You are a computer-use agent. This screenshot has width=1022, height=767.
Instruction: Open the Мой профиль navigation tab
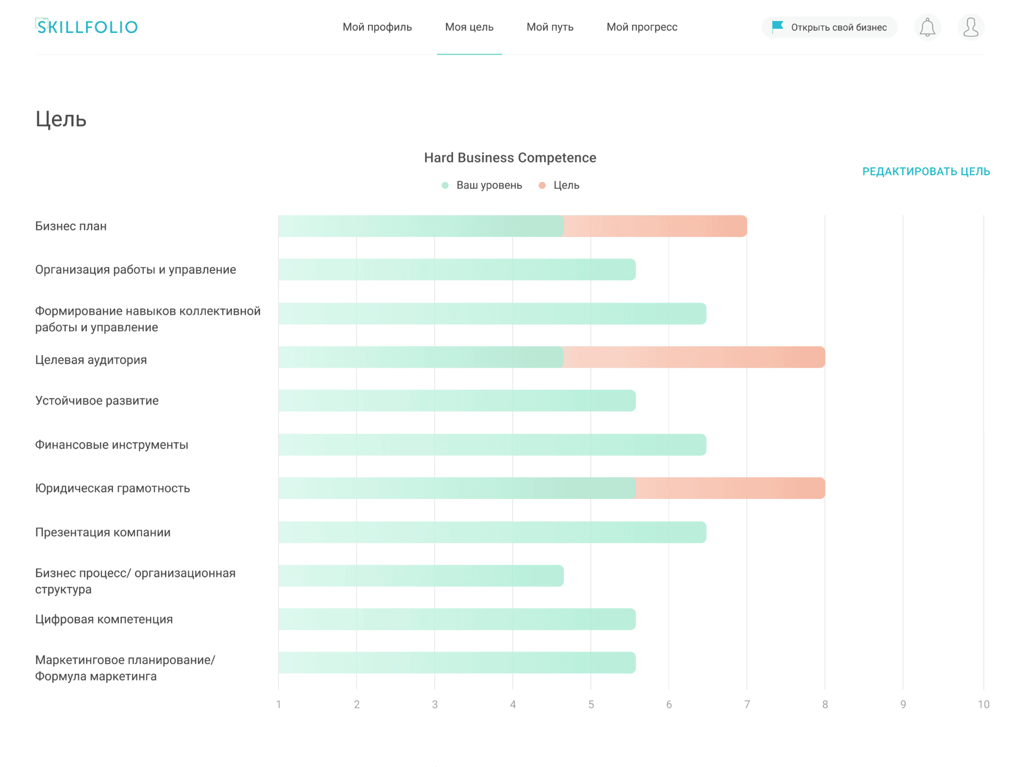[377, 27]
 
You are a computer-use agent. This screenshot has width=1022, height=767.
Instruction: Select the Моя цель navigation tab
[469, 27]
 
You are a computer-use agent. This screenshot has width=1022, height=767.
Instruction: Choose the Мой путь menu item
[550, 27]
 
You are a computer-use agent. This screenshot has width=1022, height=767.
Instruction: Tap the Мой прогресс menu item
[642, 27]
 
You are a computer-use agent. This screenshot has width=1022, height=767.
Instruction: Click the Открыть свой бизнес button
[829, 27]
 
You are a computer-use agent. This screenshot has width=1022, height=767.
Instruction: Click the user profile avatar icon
[971, 27]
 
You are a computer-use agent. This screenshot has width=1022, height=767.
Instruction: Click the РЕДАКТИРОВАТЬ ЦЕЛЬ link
[926, 171]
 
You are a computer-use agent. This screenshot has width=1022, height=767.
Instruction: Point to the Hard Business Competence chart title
[510, 158]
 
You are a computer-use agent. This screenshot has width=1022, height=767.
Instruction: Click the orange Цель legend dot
[542, 185]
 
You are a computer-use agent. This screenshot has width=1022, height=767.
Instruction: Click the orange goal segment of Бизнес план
[655, 226]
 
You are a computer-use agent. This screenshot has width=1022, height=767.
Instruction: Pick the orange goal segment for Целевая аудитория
[694, 357]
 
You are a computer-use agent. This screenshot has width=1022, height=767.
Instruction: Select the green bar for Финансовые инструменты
[492, 444]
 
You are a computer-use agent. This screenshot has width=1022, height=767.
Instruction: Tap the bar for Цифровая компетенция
[457, 619]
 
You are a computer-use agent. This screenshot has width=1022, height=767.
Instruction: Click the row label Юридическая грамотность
[112, 489]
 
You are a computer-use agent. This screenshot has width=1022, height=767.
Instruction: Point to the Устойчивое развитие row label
[96, 401]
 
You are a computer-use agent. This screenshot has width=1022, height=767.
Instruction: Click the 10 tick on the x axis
[983, 704]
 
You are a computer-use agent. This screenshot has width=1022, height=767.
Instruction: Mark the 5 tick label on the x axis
[591, 704]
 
